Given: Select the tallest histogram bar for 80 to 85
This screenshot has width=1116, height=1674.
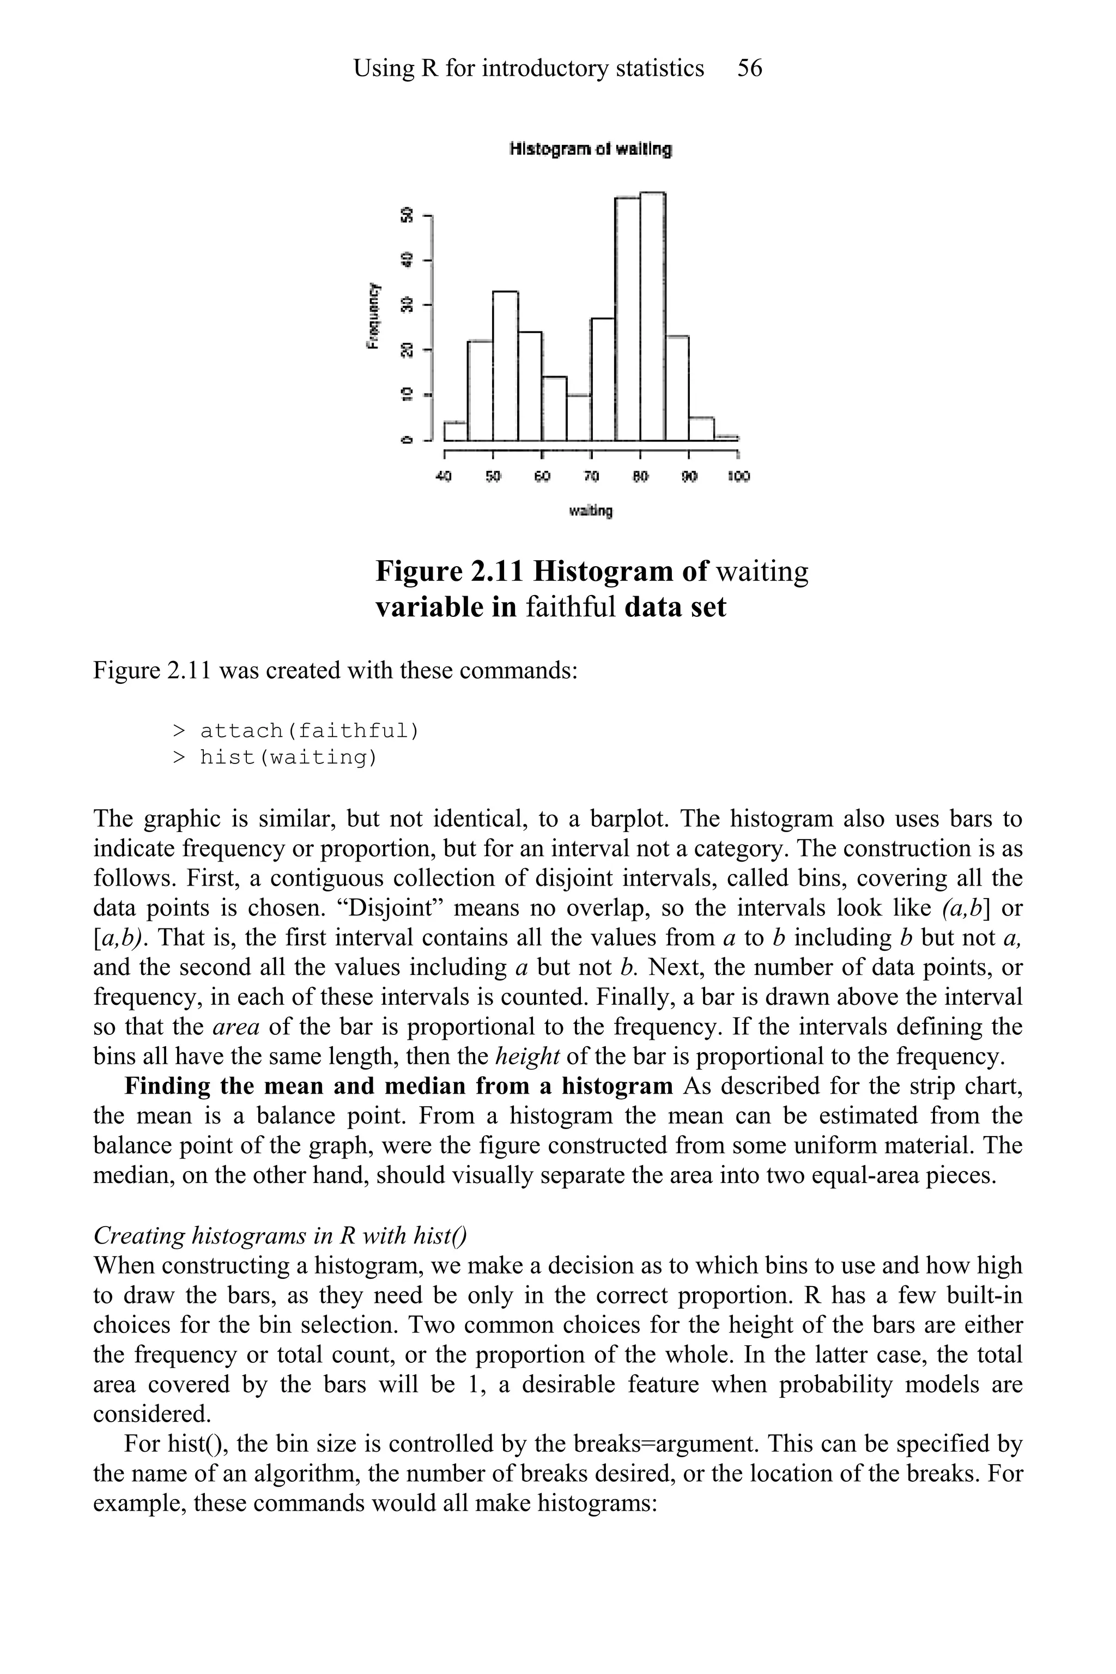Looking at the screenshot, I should click(653, 317).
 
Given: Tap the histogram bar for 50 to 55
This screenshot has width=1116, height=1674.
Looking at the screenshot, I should click(505, 367).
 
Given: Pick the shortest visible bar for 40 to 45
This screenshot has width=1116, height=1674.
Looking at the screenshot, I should click(456, 432).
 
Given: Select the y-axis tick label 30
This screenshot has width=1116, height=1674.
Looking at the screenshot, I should click(408, 305).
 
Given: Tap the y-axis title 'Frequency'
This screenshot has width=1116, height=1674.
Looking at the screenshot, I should click(372, 316).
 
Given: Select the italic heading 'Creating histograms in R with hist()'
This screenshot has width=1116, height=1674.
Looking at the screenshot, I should click(280, 1235).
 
